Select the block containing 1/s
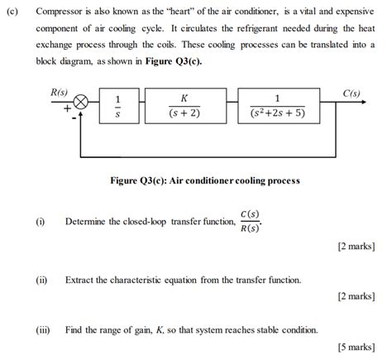tap(117, 107)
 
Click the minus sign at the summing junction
tap(74, 118)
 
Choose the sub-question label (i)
tap(40, 222)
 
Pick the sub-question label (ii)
tap(41, 281)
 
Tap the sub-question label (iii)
tap(43, 329)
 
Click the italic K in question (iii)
tap(159, 329)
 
